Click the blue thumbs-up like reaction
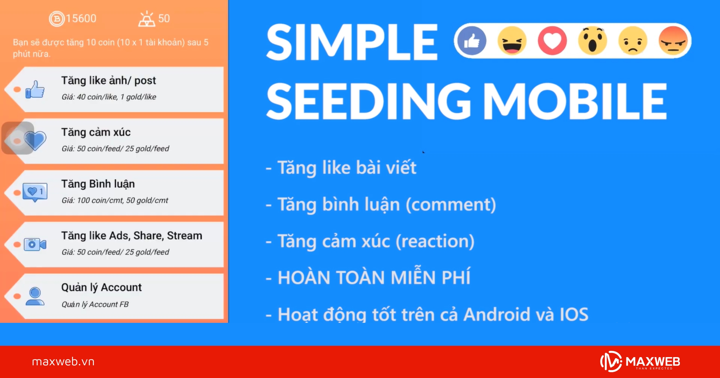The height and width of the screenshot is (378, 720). point(472,41)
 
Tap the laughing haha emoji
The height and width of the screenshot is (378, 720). point(512,41)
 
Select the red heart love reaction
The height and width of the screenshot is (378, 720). point(552,41)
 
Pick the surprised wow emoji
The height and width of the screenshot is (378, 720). point(592,41)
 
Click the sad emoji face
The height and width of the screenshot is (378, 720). point(633,41)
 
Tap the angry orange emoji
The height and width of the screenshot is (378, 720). point(673,41)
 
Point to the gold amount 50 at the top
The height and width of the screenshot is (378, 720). point(164,19)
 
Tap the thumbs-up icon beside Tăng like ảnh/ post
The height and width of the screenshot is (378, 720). point(35,90)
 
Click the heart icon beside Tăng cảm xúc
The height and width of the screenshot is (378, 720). point(35,141)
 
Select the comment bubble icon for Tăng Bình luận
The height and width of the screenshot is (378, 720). point(35,192)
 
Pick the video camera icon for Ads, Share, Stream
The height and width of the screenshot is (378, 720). point(35,244)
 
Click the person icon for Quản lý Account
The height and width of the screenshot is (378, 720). point(35,296)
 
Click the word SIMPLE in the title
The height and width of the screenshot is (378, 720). point(352,42)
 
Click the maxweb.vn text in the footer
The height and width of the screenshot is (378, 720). point(63,362)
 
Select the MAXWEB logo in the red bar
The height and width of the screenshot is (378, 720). point(640,362)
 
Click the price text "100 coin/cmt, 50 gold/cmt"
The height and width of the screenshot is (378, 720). point(122,200)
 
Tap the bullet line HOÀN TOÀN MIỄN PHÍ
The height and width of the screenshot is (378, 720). point(374,277)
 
